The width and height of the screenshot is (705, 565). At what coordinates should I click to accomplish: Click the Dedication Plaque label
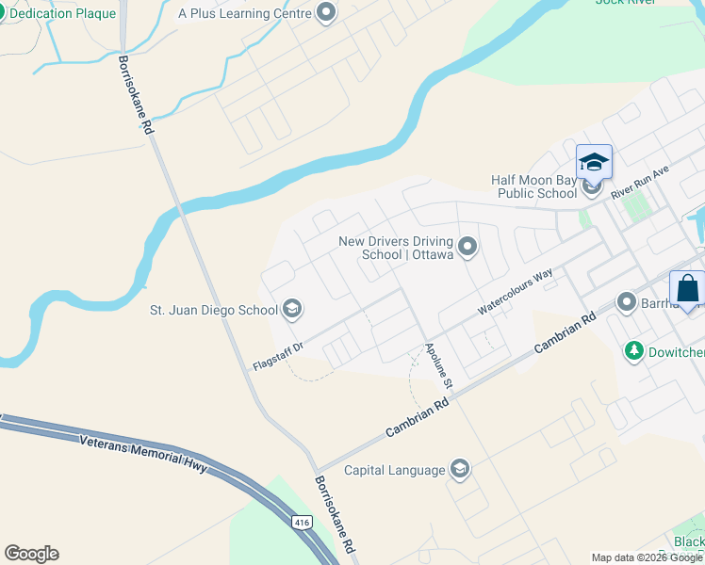click(x=64, y=14)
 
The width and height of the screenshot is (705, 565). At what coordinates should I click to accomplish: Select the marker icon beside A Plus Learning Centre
click(x=327, y=13)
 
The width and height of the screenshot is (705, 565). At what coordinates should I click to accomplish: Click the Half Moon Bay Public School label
click(x=533, y=186)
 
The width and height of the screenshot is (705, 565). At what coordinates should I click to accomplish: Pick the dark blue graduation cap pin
click(x=594, y=162)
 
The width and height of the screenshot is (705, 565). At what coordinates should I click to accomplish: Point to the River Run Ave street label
click(x=639, y=180)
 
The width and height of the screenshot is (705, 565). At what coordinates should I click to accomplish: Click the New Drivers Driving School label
click(x=396, y=248)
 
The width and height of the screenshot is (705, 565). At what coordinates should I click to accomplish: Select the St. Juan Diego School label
click(x=214, y=309)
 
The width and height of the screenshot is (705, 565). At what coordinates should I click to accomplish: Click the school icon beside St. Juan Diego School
click(x=292, y=309)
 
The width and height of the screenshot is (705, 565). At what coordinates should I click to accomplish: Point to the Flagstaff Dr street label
click(x=277, y=356)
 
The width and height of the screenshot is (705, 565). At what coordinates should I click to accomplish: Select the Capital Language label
click(x=394, y=470)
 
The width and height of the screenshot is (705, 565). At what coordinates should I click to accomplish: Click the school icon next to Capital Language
click(x=460, y=470)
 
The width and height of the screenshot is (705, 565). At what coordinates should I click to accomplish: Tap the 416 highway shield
click(x=302, y=522)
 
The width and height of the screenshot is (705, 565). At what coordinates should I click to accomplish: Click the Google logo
click(x=31, y=554)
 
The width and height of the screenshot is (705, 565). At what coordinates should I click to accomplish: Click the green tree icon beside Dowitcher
click(x=634, y=351)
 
